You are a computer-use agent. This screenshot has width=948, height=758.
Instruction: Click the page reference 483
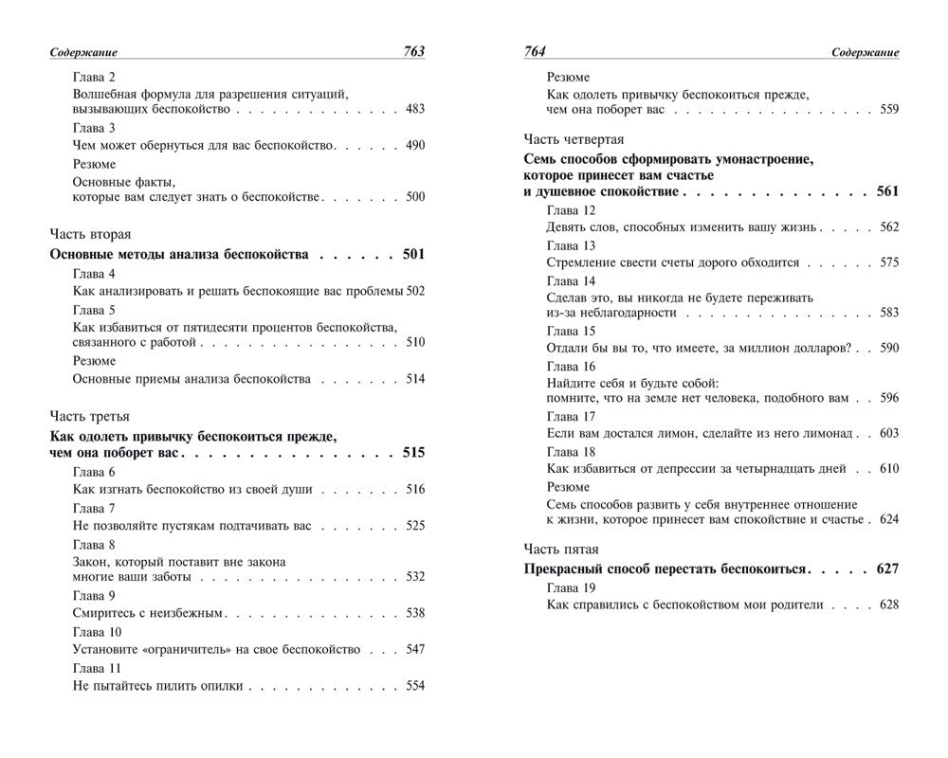pyautogui.click(x=414, y=110)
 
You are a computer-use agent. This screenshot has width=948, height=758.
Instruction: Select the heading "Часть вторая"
pyautogui.click(x=89, y=233)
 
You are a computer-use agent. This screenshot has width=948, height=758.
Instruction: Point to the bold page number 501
pyautogui.click(x=412, y=255)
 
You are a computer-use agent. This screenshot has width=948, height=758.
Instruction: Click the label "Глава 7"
pyautogui.click(x=94, y=508)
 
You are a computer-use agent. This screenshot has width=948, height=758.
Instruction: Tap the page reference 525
pyautogui.click(x=414, y=525)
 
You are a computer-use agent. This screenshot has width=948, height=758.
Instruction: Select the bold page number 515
pyautogui.click(x=412, y=453)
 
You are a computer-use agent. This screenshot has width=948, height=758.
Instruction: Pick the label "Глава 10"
pyautogui.click(x=97, y=632)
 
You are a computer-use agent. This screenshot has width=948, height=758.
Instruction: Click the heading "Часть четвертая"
pyautogui.click(x=574, y=138)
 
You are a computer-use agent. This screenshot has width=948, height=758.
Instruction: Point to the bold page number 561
pyautogui.click(x=886, y=191)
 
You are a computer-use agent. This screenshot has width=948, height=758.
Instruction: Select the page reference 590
pyautogui.click(x=888, y=348)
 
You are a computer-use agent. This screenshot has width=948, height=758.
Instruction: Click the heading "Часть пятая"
pyautogui.click(x=561, y=549)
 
